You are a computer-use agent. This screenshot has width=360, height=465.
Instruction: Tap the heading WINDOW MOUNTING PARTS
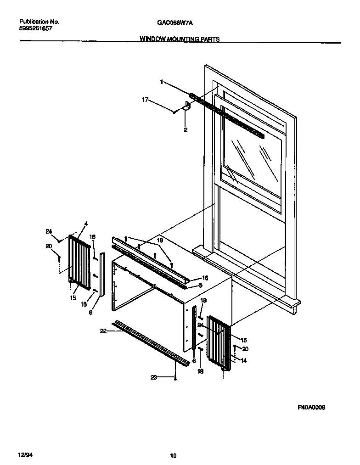(180, 39)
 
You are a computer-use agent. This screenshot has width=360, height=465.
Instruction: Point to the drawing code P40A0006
(311, 407)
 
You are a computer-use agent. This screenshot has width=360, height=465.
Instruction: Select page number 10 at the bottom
(173, 456)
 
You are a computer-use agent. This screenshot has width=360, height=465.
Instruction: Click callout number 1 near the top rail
(162, 82)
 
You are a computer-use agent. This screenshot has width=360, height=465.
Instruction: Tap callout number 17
(145, 99)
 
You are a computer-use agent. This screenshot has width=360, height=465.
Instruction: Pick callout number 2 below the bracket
(186, 130)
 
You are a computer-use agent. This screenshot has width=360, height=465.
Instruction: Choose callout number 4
(85, 224)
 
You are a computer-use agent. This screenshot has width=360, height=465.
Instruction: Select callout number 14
(244, 361)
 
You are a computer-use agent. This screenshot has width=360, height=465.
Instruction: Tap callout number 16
(205, 278)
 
